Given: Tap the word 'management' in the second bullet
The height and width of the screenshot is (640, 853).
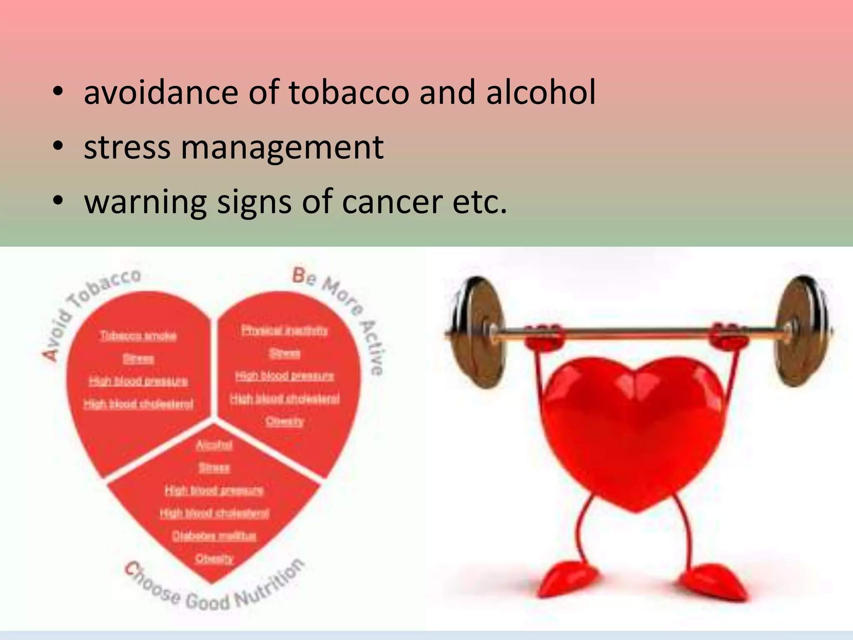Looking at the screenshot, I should click(x=282, y=147).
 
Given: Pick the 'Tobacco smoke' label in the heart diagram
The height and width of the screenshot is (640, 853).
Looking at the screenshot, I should click(x=138, y=336).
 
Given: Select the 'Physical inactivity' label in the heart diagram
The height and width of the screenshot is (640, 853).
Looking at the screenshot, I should click(x=284, y=330).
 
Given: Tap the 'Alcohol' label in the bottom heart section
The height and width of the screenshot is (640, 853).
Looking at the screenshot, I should click(x=214, y=445).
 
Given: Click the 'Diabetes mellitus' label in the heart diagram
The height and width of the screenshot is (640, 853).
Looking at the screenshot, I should click(x=214, y=535).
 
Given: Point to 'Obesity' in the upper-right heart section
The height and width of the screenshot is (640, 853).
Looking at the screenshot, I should click(x=285, y=421).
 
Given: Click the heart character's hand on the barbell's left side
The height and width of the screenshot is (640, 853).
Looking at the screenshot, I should click(x=544, y=335).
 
